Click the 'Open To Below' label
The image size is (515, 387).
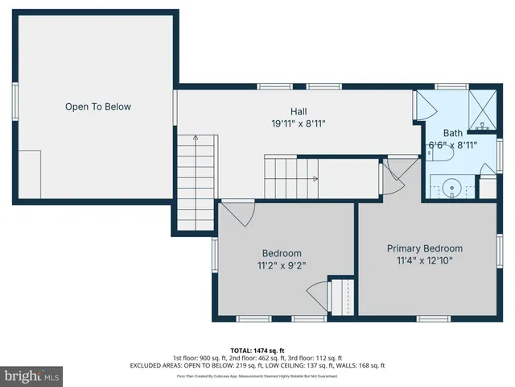click(x=98, y=106)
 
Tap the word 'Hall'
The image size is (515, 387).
click(x=299, y=112)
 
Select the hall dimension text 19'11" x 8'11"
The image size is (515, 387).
click(x=299, y=124)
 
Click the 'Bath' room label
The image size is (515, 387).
click(x=452, y=133)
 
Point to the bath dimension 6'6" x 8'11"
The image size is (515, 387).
click(x=452, y=145)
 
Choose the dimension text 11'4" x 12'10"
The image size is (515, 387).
click(x=425, y=260)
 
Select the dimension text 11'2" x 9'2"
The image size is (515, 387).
click(x=282, y=264)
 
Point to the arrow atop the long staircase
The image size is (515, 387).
click(x=194, y=140)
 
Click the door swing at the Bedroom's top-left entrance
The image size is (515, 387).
click(x=238, y=214)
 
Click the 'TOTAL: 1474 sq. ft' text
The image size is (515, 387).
click(x=257, y=350)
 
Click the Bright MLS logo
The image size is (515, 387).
click(x=32, y=377)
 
